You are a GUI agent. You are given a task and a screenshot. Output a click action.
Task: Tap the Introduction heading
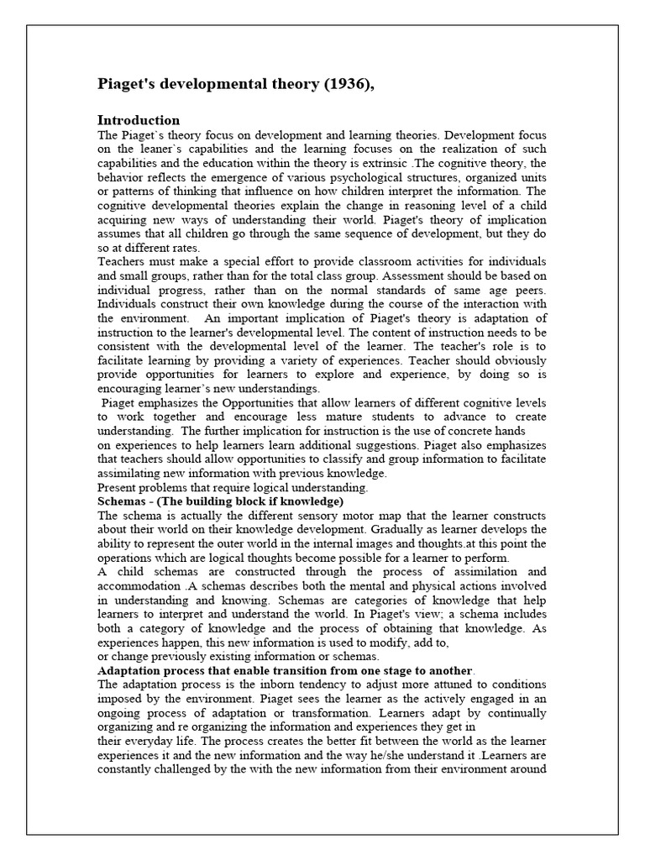point(139,120)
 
